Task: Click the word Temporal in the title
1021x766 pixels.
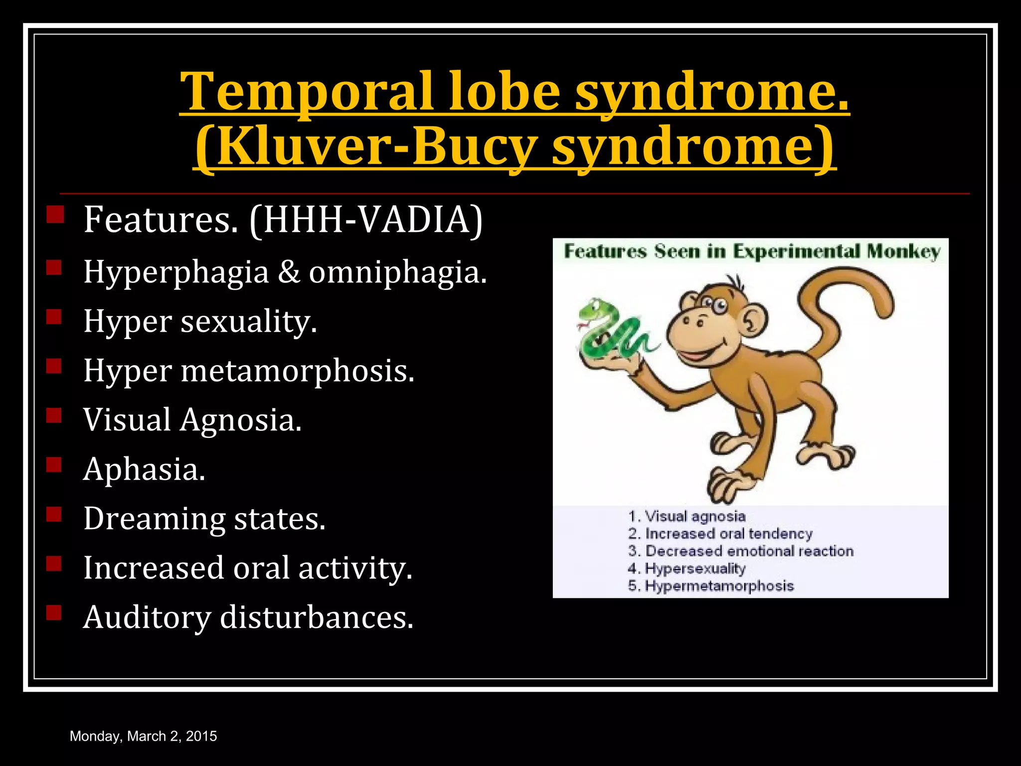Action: [x=306, y=92]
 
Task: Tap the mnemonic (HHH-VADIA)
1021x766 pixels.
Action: [x=366, y=220]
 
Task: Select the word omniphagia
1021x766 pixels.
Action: [x=397, y=273]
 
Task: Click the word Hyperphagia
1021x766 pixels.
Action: [x=176, y=273]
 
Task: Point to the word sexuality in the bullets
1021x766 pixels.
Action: [x=248, y=322]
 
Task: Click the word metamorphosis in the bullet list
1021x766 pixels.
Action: [x=297, y=371]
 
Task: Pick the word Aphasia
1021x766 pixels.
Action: [x=144, y=470]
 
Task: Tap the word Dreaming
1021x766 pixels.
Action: [x=154, y=519]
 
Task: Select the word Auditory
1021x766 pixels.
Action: [x=147, y=618]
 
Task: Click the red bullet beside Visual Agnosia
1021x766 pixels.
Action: [x=54, y=415]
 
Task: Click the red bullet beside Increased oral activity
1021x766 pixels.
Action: [x=54, y=563]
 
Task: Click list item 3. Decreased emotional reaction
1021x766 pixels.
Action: [x=740, y=551]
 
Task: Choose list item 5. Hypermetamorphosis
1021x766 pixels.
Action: [x=710, y=586]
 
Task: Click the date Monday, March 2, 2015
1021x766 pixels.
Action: [x=144, y=736]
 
